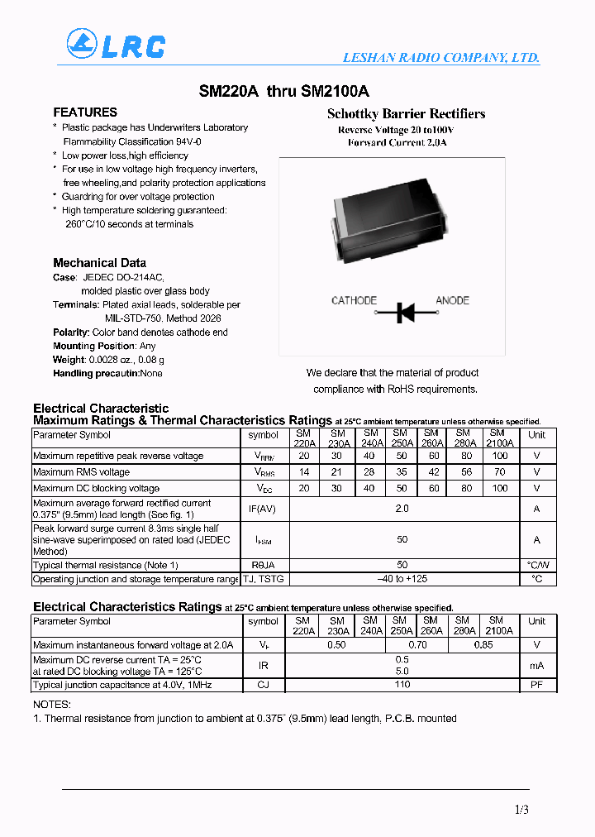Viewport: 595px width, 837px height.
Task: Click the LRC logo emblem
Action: (x=83, y=43)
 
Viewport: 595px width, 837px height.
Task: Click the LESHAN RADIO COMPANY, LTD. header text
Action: (x=441, y=58)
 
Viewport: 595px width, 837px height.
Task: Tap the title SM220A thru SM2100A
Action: (x=284, y=93)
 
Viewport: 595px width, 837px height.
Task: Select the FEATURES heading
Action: (x=85, y=112)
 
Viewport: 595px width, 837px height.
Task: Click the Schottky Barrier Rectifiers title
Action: (x=406, y=114)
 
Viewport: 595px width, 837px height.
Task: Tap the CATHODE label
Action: (x=354, y=300)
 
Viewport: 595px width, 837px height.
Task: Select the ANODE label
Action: (x=452, y=300)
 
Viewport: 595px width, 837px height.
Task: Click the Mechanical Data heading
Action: (x=99, y=263)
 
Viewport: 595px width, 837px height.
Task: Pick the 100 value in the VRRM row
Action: (x=499, y=456)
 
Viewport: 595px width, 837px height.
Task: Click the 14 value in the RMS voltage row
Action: (x=304, y=472)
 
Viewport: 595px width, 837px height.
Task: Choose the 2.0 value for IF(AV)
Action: (x=402, y=509)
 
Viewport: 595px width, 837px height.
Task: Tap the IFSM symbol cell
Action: (x=263, y=540)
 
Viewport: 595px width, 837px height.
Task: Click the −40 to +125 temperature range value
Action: (x=402, y=579)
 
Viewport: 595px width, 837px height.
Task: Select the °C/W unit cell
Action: (x=536, y=565)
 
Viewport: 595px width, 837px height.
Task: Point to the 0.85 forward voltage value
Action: (x=481, y=644)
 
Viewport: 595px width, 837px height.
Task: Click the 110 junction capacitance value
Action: (x=402, y=684)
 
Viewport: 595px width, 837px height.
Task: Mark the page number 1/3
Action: (x=521, y=810)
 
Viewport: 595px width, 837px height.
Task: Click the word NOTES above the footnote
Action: (x=51, y=704)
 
